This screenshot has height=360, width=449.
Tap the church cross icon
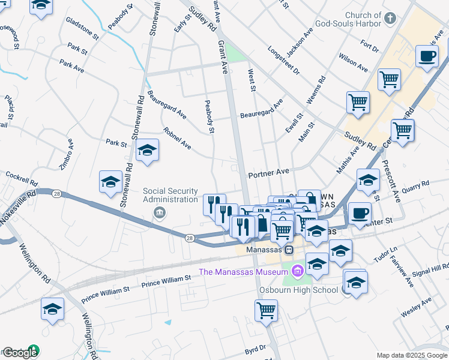[x=390, y=17]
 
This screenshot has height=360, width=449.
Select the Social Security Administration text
[x=170, y=195]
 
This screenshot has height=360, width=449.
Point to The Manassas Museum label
[x=244, y=272]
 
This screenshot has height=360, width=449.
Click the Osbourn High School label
[x=298, y=290]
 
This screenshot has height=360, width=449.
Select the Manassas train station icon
[x=289, y=250]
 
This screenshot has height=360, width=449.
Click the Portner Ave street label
[x=268, y=172]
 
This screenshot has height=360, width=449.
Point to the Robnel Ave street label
[x=177, y=138]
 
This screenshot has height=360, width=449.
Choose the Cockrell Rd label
[x=22, y=178]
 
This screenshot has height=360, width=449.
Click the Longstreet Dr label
[x=283, y=60]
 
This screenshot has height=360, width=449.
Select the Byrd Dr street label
[x=255, y=348]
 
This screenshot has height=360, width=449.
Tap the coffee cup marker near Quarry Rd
[x=360, y=213]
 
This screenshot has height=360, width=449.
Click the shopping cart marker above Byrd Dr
[x=266, y=310]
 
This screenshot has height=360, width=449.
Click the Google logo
[x=20, y=353]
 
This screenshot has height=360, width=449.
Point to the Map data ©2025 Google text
[x=411, y=355]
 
